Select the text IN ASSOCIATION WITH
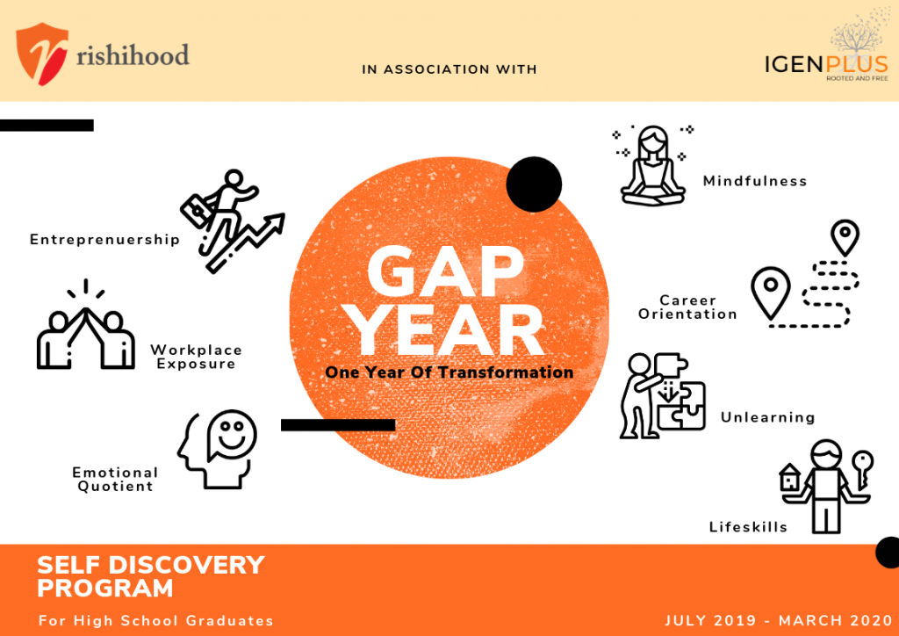pyautogui.click(x=449, y=69)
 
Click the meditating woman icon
pyautogui.click(x=652, y=166)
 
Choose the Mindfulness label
pyautogui.click(x=754, y=181)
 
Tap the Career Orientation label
pyautogui.click(x=687, y=307)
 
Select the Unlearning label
pyautogui.click(x=767, y=417)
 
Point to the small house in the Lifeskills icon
pyautogui.click(x=790, y=478)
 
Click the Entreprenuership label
pyautogui.click(x=104, y=239)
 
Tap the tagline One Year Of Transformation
pyautogui.click(x=449, y=372)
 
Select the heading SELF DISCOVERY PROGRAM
pyautogui.click(x=150, y=575)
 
